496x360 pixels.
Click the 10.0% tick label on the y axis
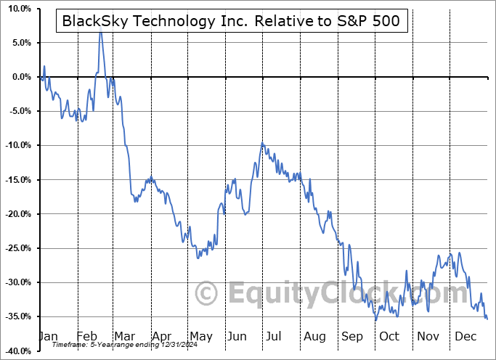[16, 9]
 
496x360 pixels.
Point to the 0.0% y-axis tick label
[18, 77]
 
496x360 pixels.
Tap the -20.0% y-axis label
[15, 214]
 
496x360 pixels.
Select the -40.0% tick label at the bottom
[15, 351]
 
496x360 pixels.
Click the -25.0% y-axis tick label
[15, 248]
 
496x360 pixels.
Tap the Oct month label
[389, 337]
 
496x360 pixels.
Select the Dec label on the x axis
[465, 337]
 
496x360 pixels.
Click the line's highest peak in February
[100, 32]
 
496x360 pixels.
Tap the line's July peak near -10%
[262, 143]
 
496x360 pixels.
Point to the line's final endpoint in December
[487, 319]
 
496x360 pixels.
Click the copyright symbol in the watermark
[207, 292]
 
